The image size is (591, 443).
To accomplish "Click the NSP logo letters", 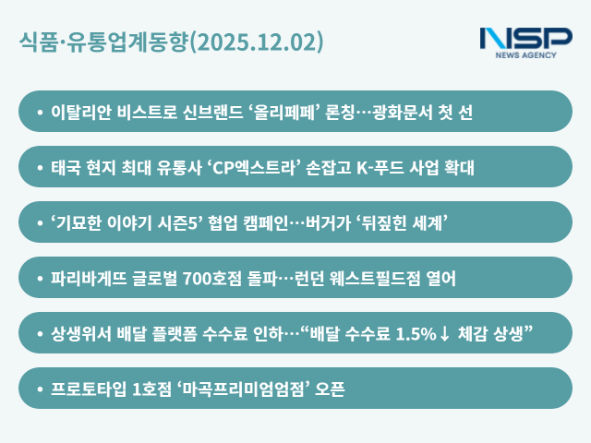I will click(x=525, y=39).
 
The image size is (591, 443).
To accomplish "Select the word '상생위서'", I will click(x=80, y=333).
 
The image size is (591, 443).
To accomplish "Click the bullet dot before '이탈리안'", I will click(x=39, y=112).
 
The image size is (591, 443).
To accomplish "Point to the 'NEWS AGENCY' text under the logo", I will click(x=525, y=55).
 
